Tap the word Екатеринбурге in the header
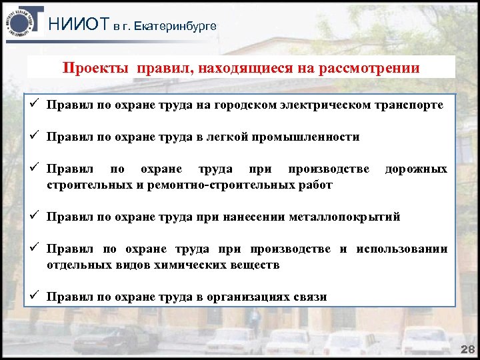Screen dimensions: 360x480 (175, 26)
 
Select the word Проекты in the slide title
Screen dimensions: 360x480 (96, 68)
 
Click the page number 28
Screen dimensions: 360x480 (467, 350)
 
